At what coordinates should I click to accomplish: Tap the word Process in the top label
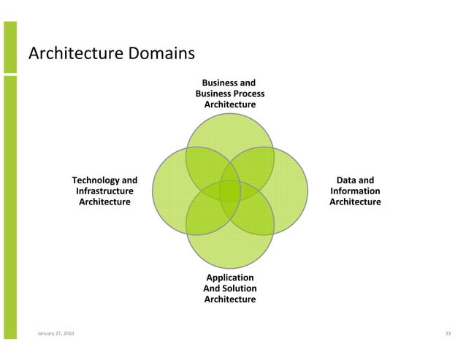(x=249, y=94)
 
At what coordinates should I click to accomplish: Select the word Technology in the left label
(x=94, y=180)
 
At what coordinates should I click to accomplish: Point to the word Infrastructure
(x=104, y=191)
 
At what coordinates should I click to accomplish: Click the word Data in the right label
(x=345, y=180)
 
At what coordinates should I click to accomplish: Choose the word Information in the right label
(x=355, y=191)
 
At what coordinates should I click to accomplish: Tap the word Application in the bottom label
(x=230, y=278)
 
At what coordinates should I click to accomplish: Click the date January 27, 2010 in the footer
(x=56, y=334)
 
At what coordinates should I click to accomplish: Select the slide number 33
(x=448, y=334)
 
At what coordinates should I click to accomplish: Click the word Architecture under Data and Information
(x=355, y=202)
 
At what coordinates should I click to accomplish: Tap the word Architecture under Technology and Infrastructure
(x=104, y=202)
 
